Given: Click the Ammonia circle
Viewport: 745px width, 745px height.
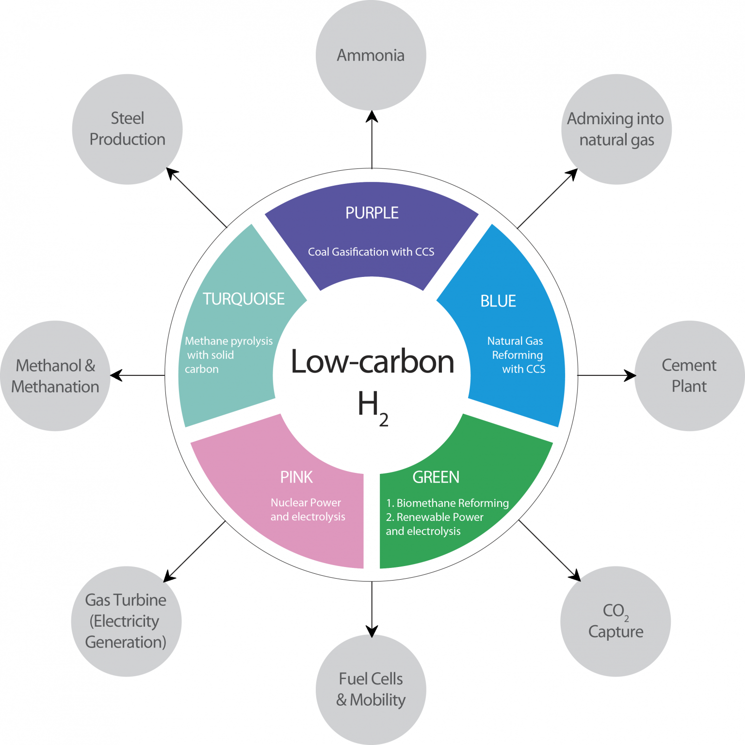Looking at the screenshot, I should coord(371,55).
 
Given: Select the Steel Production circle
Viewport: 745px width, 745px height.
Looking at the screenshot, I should coord(128,129).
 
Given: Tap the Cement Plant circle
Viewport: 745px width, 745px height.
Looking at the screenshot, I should coord(689,376).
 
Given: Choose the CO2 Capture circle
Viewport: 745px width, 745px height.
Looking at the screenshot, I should coord(615,621).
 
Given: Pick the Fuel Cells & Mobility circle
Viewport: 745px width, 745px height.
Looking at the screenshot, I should coord(371,689).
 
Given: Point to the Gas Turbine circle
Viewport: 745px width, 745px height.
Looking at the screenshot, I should coord(126,621).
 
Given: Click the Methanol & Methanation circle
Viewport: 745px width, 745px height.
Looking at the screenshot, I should coord(55,376).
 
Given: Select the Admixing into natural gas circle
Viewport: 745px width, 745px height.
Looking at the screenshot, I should coord(616,129).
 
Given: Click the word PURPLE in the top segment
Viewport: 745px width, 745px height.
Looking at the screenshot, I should coord(372,213).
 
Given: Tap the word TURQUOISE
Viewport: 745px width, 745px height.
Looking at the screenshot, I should coord(243,299).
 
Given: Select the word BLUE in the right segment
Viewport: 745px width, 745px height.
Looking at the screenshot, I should coord(498,301).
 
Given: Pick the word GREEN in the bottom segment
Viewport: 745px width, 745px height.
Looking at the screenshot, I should coord(436,477).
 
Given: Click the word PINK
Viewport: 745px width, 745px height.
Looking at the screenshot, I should coord(296,477).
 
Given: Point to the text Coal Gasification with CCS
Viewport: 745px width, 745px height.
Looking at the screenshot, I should coord(371,252).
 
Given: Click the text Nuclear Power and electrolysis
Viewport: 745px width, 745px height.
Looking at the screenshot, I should coord(308,510).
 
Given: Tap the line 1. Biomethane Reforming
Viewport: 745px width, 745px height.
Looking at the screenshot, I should coord(447,503).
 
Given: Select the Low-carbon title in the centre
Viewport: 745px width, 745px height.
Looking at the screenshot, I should coord(372,362).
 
